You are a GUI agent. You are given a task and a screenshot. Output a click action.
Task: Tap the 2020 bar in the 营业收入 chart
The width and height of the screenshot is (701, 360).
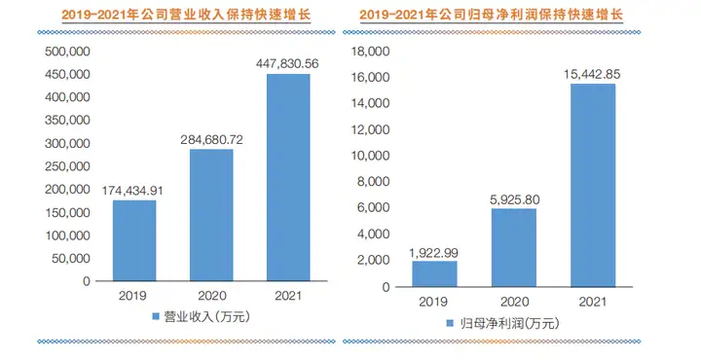(211, 215)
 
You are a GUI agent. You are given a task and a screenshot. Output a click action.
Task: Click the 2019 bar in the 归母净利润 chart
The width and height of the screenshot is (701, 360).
(433, 273)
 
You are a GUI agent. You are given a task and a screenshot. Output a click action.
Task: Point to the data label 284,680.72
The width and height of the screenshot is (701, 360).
(211, 139)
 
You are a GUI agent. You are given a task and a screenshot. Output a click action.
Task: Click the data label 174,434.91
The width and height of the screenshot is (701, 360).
(134, 190)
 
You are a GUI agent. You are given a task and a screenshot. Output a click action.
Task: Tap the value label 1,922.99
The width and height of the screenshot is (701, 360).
(433, 251)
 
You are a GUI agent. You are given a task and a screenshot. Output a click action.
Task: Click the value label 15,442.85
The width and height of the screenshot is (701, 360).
(592, 74)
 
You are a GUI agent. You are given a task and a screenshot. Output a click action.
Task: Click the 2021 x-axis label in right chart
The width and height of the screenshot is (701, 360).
(592, 302)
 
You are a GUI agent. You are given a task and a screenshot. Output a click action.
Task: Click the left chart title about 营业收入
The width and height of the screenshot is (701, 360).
(175, 15)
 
